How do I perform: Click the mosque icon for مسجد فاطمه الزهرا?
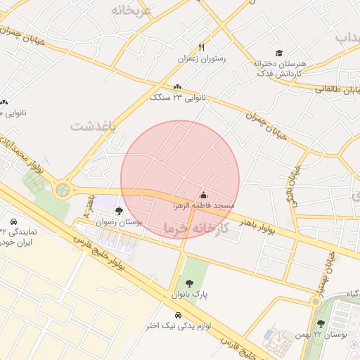coord(204,195)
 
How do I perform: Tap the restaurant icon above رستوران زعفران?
coord(202,48)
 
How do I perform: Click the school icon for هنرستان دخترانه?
coord(279,53)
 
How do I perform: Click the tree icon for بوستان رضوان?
coord(118,210)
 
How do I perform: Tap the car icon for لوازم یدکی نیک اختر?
coord(177,314)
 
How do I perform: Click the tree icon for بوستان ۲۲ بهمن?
coord(321,323)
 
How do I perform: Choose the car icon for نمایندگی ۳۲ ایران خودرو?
coord(13,219)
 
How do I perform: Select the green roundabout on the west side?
coord(63,189)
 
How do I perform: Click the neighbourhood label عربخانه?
coord(131,11)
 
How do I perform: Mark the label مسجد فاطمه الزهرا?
coord(204,205)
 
